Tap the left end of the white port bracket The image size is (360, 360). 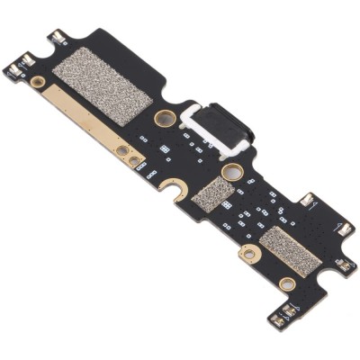188,116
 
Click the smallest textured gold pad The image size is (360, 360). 212,193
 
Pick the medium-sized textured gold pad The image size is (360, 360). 290,249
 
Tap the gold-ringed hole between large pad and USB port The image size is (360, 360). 165,118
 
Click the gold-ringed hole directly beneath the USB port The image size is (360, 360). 231,171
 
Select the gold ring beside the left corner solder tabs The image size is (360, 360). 38,82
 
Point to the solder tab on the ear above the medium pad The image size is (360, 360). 307,200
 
